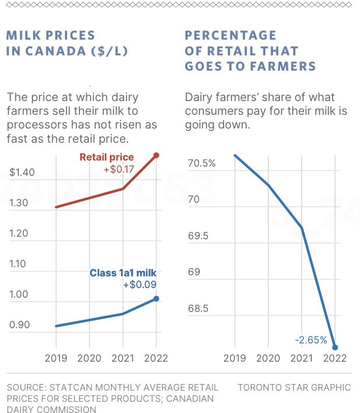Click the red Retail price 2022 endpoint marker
[x=156, y=155]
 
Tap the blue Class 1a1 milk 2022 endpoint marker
[x=156, y=299]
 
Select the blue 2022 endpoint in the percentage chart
[x=335, y=347]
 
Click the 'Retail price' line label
[x=107, y=157]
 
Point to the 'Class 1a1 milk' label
[x=123, y=273]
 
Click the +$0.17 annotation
[x=118, y=170]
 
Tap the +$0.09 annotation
[x=139, y=285]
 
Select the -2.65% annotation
[x=311, y=340]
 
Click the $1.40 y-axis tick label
[x=22, y=172]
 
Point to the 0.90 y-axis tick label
[x=19, y=325]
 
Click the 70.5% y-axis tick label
[x=201, y=164]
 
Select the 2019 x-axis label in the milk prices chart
[x=56, y=358]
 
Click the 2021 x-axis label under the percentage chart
[x=302, y=358]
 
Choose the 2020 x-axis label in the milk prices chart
[x=89, y=358]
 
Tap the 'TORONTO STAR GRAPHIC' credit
[x=294, y=388]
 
